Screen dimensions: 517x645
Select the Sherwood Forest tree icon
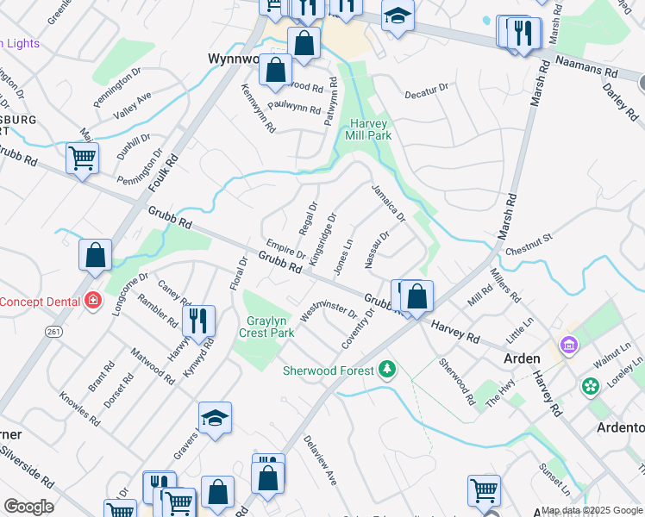pyautogui.click(x=388, y=370)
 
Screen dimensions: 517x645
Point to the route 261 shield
pyautogui.click(x=54, y=331)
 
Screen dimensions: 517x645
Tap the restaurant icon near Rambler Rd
pyautogui.click(x=199, y=321)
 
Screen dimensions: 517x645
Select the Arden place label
pyautogui.click(x=522, y=358)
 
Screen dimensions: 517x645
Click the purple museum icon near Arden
pyautogui.click(x=568, y=346)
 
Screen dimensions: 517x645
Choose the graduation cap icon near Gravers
pyautogui.click(x=215, y=418)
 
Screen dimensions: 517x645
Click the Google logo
pyautogui.click(x=28, y=507)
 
